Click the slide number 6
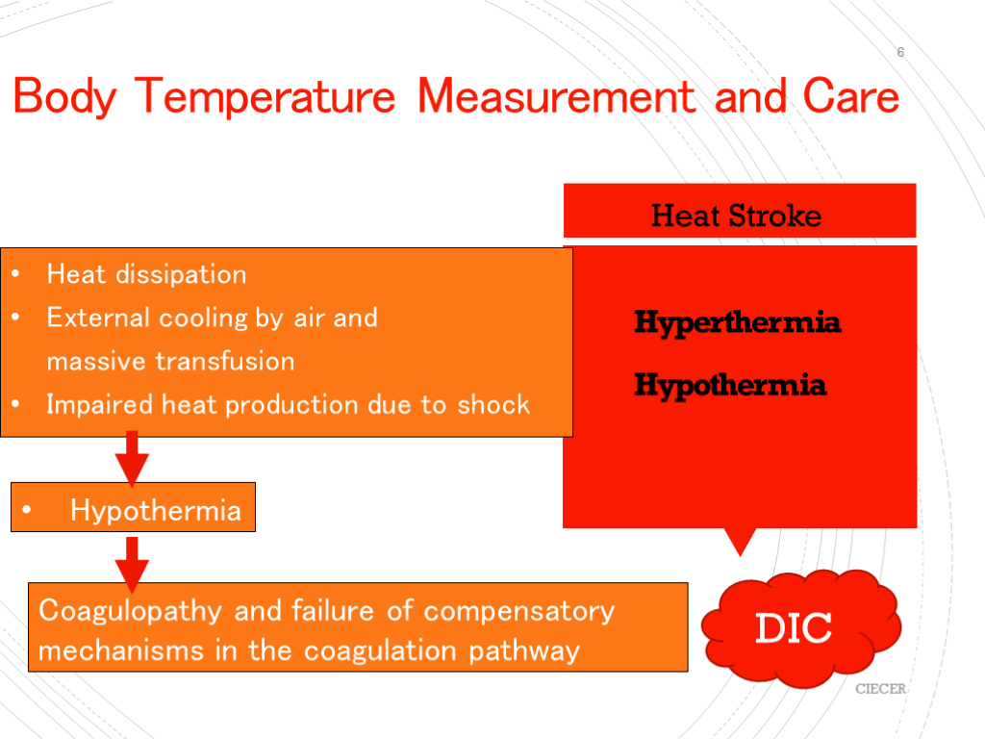(x=900, y=52)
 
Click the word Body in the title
(x=64, y=97)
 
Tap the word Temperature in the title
(x=265, y=96)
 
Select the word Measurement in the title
(x=556, y=96)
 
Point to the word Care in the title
(x=851, y=96)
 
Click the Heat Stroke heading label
(x=736, y=216)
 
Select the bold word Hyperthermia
(x=737, y=323)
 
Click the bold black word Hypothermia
(x=730, y=385)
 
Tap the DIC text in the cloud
(x=794, y=627)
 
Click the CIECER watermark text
(x=881, y=689)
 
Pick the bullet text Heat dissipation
(x=146, y=274)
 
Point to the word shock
(x=493, y=405)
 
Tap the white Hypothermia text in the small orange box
(x=156, y=510)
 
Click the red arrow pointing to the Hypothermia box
(x=132, y=459)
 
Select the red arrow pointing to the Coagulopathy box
(x=132, y=565)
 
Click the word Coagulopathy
(x=130, y=611)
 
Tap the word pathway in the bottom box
(x=524, y=651)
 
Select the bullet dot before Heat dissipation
(x=15, y=273)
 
